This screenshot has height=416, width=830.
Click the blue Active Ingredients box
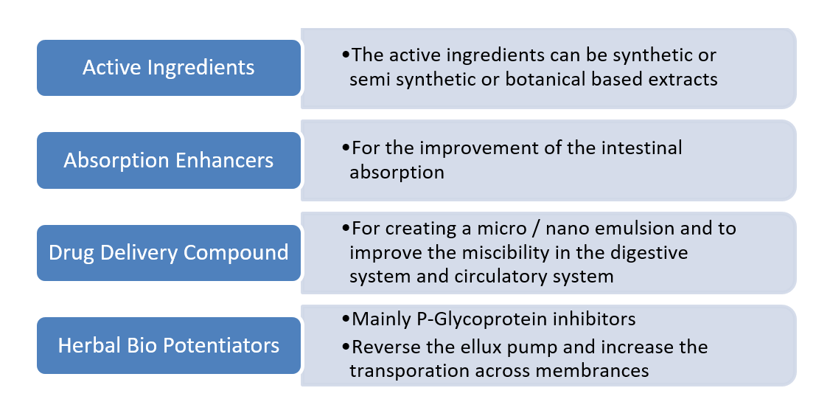pos(169,68)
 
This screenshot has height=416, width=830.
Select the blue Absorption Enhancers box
pos(169,160)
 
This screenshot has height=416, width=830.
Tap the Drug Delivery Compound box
pos(169,252)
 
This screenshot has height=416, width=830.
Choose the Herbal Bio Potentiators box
pos(169,344)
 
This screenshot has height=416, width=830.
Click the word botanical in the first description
pos(543,79)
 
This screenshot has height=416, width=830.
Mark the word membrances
pos(600,371)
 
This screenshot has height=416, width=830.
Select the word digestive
pos(648,253)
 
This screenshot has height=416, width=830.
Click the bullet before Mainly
pos(346,320)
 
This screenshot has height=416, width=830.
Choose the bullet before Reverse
pos(346,347)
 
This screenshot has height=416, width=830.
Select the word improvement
pos(460,148)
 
